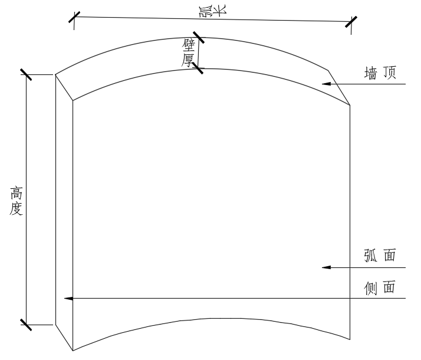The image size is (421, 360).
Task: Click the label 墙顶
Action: click(x=380, y=73)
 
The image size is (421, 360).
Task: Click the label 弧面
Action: click(x=380, y=256)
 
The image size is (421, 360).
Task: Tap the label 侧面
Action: click(x=380, y=288)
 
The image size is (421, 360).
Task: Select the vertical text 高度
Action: click(x=17, y=201)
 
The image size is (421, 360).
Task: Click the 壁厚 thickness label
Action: click(x=189, y=54)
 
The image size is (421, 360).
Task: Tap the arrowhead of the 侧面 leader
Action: click(x=68, y=299)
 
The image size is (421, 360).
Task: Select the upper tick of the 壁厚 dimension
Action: click(x=198, y=39)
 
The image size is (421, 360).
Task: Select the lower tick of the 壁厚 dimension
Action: click(x=198, y=69)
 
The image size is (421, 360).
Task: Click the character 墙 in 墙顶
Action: click(x=371, y=73)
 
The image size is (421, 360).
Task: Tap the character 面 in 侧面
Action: click(x=389, y=288)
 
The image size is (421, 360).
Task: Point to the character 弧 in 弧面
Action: click(x=371, y=256)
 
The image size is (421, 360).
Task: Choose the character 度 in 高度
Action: click(x=17, y=209)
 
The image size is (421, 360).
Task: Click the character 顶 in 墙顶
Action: click(x=389, y=73)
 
